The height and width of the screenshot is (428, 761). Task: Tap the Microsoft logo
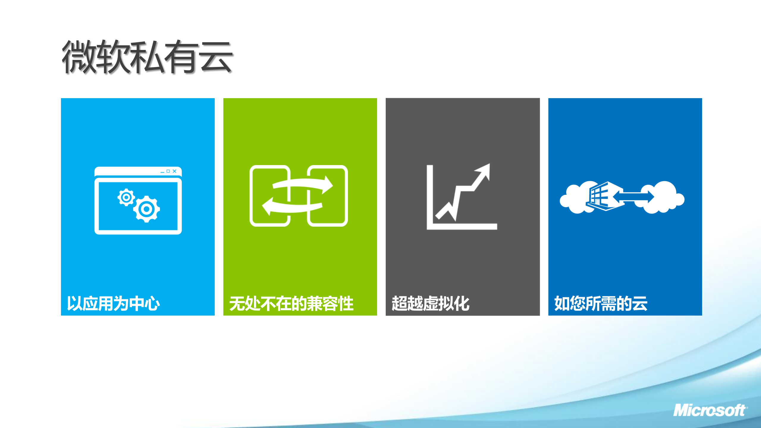tap(710, 411)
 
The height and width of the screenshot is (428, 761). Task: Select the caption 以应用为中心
tap(113, 304)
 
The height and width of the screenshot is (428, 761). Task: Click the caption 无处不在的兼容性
tap(291, 304)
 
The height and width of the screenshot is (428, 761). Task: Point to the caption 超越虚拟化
tap(430, 304)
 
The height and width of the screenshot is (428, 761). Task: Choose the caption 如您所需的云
tap(601, 304)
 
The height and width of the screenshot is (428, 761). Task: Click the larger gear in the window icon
tap(146, 209)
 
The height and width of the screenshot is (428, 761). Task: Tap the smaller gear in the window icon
tap(126, 197)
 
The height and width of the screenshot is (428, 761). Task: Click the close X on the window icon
tap(175, 171)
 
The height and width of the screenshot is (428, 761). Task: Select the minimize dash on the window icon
tap(162, 172)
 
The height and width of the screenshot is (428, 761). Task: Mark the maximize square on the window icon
tap(168, 171)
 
